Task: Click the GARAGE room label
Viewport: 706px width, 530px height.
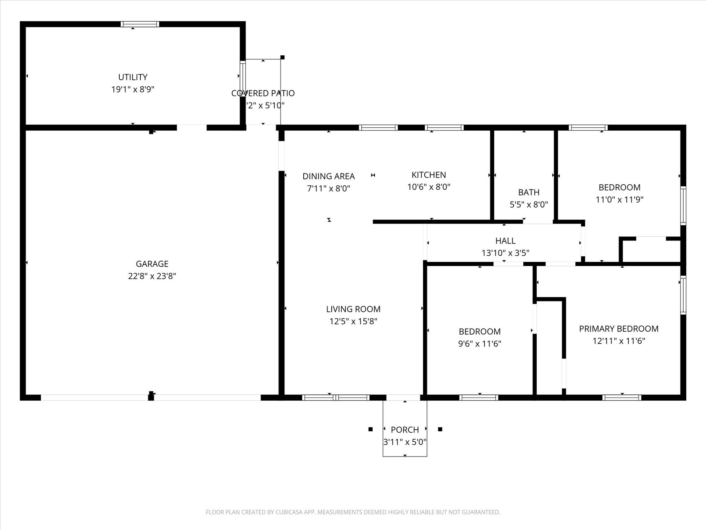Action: tap(152, 264)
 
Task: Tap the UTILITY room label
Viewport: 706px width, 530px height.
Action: tap(133, 77)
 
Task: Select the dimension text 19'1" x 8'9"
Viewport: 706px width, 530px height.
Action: tap(133, 89)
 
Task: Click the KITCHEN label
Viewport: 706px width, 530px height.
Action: tap(429, 175)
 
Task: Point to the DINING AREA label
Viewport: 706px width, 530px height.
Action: tap(329, 176)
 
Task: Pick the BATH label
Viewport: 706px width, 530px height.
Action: tap(529, 192)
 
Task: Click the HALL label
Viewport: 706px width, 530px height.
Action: tap(505, 241)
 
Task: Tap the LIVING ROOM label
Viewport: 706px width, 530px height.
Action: tap(353, 309)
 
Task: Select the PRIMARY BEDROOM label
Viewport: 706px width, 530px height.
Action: tap(619, 329)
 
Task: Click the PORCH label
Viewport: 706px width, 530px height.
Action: tap(405, 430)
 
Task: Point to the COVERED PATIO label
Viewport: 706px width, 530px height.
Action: tap(263, 93)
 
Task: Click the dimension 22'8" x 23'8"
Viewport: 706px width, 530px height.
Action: tap(152, 276)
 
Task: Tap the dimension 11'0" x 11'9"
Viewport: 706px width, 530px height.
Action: tap(620, 199)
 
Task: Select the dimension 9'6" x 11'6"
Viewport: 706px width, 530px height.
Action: tap(480, 344)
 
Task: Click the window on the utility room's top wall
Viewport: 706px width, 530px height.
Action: tap(140, 24)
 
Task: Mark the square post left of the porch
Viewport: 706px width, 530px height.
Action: tap(371, 429)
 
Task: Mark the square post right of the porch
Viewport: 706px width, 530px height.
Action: tap(440, 429)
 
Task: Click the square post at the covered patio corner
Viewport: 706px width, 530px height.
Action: tap(282, 57)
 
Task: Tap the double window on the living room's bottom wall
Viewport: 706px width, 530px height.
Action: tap(336, 397)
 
